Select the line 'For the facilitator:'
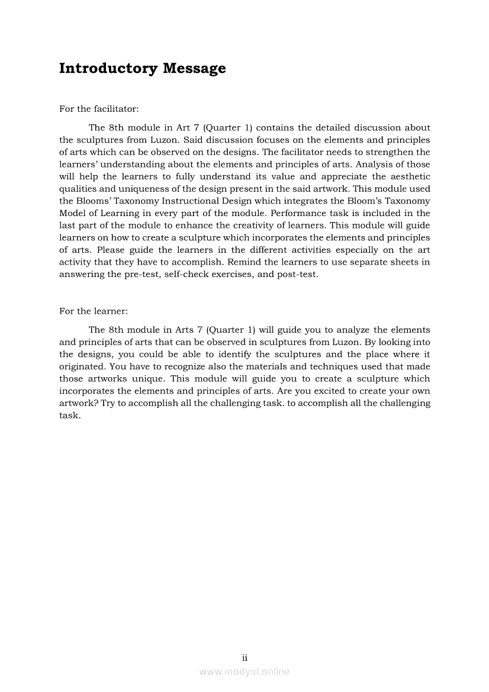(x=99, y=109)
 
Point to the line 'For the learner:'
(x=94, y=311)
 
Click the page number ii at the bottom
(x=244, y=658)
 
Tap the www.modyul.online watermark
(x=244, y=671)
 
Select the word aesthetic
(x=408, y=176)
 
